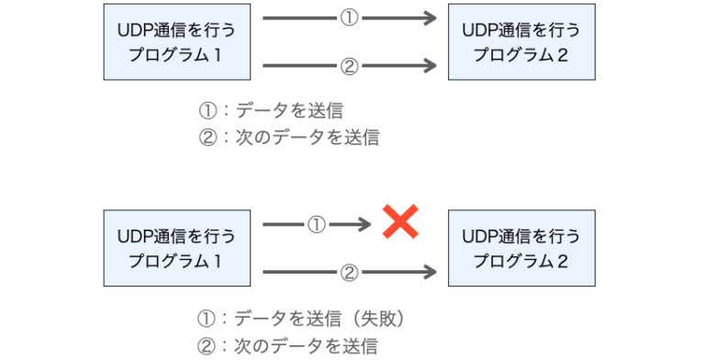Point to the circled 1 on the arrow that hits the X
pos(317,223)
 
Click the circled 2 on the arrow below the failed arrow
pos(348,272)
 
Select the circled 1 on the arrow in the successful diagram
pos(348,17)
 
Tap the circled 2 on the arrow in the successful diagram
pos(348,66)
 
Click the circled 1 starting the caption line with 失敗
pos(207,319)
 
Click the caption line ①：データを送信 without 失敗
pos(272,111)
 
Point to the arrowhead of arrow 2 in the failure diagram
pos(428,272)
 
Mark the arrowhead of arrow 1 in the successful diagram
pos(428,17)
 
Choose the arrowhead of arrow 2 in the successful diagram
pos(428,66)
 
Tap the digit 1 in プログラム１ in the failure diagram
pos(218,260)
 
